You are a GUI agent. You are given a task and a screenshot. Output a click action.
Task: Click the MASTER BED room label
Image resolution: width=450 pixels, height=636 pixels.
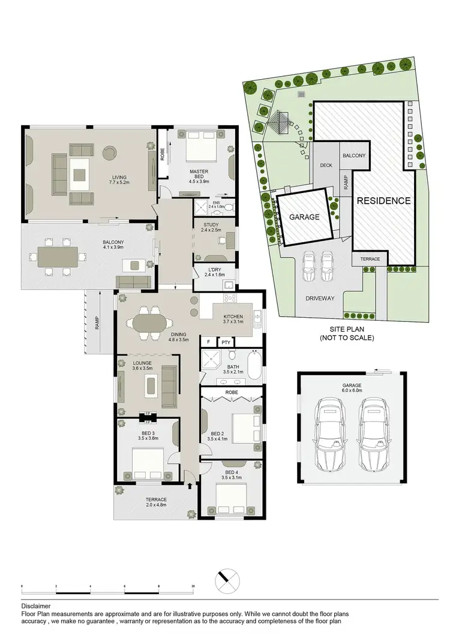point(198,174)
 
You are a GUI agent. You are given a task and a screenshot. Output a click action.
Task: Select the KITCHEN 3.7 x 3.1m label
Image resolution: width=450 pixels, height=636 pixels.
point(233,319)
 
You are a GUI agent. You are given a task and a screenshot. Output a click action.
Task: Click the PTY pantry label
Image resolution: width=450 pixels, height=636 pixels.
point(226,342)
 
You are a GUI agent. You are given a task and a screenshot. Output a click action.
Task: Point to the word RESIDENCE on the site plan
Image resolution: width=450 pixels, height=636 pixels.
point(384,201)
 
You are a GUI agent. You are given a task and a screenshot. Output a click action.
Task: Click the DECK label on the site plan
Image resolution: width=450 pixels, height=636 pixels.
point(326,166)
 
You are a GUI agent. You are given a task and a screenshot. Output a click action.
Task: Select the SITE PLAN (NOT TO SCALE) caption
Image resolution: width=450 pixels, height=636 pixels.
point(352,334)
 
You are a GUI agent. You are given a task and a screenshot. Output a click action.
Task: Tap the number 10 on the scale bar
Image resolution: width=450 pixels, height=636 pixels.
point(193,585)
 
